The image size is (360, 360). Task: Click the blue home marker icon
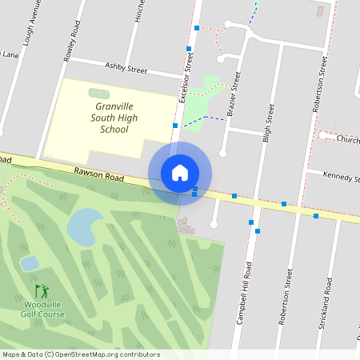pos(180,173)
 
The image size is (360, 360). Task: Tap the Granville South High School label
pos(111,118)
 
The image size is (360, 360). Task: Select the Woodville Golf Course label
pos(42,310)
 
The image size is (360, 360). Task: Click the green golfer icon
pos(41,291)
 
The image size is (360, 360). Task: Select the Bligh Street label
pos(270,122)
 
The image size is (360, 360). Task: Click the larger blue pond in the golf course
pos(85,226)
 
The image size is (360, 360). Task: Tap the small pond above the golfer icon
pos(30,263)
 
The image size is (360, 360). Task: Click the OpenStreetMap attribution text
pos(81,354)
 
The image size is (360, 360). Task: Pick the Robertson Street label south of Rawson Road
pos(286,297)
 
